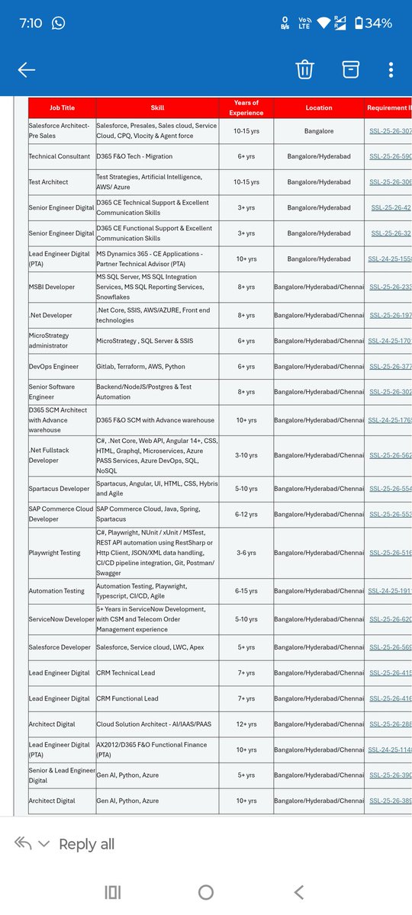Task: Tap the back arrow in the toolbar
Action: pyautogui.click(x=27, y=70)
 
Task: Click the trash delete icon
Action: pyautogui.click(x=304, y=69)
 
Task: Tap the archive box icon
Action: pyautogui.click(x=350, y=69)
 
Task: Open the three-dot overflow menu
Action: pyautogui.click(x=391, y=69)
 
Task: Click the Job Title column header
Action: pyautogui.click(x=62, y=108)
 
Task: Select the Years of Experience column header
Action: pyautogui.click(x=246, y=108)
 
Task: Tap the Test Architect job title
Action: pyautogui.click(x=49, y=182)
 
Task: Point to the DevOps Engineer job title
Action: pyautogui.click(x=53, y=367)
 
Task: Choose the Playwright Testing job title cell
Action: pyautogui.click(x=54, y=553)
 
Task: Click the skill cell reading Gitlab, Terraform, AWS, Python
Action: pyautogui.click(x=140, y=367)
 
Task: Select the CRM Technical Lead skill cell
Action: pyautogui.click(x=126, y=673)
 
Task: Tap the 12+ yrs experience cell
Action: pyautogui.click(x=246, y=724)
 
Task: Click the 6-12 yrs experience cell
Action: pyautogui.click(x=246, y=514)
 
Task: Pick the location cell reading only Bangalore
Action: pyautogui.click(x=319, y=131)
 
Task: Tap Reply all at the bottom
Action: pyautogui.click(x=86, y=843)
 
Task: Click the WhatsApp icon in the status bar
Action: pyautogui.click(x=58, y=23)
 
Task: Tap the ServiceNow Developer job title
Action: pyautogui.click(x=61, y=619)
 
